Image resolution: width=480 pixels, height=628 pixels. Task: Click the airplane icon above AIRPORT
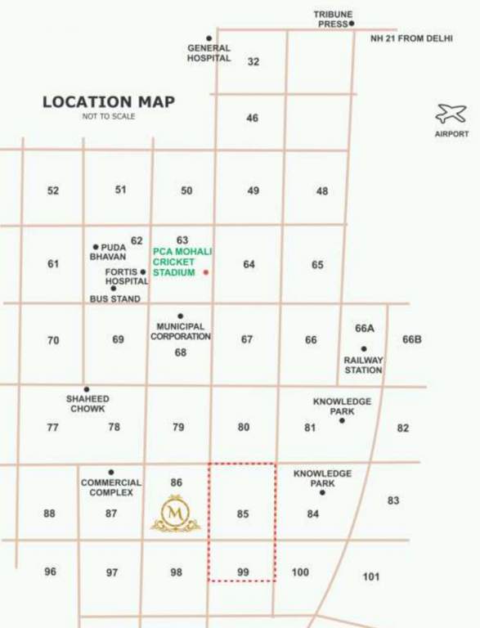tap(451, 114)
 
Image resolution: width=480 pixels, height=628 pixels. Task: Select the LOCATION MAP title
tap(109, 102)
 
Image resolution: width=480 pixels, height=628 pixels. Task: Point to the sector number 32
tap(253, 61)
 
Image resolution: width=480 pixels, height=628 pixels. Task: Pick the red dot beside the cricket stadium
tap(206, 272)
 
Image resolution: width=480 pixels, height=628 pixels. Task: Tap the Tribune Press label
tap(333, 19)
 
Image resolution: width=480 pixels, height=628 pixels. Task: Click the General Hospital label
tap(209, 53)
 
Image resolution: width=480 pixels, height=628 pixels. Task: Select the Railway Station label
tap(363, 365)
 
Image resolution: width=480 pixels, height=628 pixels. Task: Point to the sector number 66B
tap(411, 339)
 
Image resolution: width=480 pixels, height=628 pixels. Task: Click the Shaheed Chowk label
tap(87, 403)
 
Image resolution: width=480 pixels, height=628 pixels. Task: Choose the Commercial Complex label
tap(111, 487)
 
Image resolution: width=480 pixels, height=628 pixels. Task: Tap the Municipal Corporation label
tap(180, 331)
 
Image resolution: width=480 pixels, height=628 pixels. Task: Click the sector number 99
tap(243, 572)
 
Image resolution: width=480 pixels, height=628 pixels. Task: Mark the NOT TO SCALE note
tap(108, 117)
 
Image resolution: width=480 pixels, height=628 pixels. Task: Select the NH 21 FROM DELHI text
tap(411, 38)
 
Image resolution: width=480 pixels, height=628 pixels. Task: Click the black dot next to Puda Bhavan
tap(96, 247)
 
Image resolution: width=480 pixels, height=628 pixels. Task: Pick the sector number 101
tap(371, 576)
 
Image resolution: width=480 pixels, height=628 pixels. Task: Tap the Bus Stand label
tap(114, 299)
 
